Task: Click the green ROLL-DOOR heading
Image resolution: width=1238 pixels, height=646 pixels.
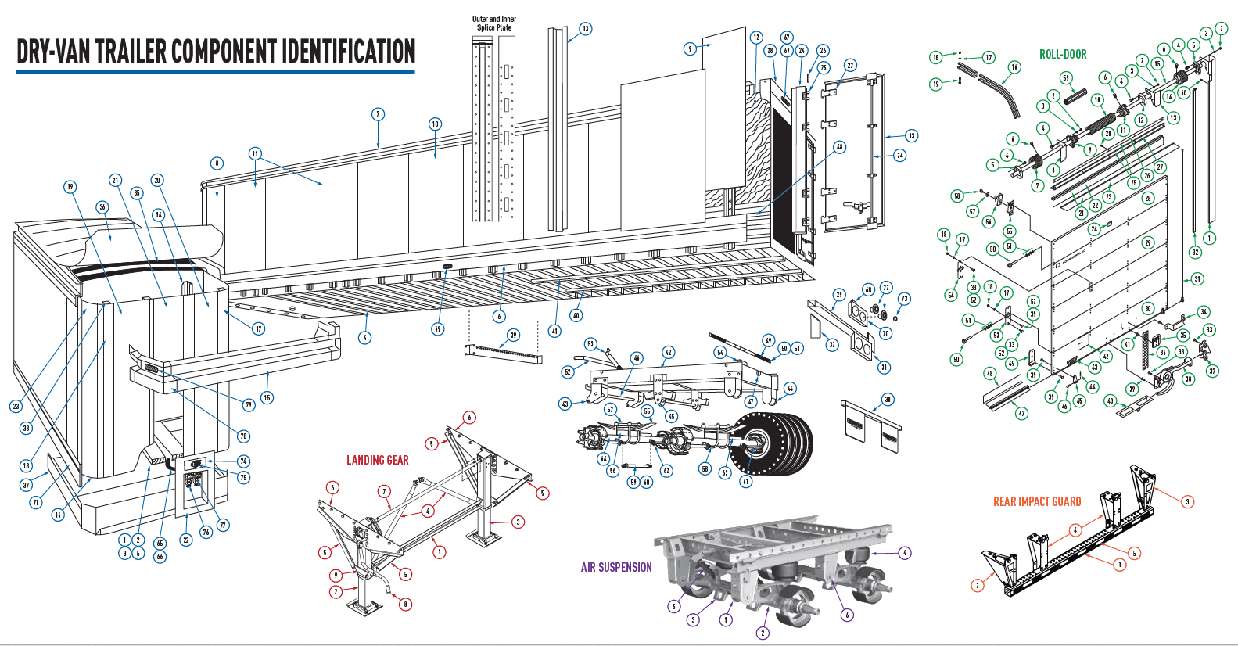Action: (1062, 54)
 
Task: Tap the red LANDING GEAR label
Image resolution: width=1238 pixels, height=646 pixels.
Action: (377, 460)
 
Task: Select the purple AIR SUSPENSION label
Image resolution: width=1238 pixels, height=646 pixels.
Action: (615, 567)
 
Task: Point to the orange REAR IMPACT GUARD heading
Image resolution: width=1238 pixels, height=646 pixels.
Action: (1036, 501)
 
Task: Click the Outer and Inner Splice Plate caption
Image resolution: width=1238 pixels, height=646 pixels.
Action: (494, 23)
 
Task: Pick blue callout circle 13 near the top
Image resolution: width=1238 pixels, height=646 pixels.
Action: (585, 29)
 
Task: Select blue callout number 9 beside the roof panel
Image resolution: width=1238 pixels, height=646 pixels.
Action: (690, 48)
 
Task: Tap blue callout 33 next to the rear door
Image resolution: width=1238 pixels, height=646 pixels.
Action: (911, 135)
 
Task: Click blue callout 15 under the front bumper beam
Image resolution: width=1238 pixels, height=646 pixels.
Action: (267, 397)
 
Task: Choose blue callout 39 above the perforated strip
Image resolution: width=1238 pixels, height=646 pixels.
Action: (513, 335)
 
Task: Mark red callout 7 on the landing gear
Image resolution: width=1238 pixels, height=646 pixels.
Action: (384, 491)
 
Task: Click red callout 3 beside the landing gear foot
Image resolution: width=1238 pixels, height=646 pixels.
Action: (517, 522)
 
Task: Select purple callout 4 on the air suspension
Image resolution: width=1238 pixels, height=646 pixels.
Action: (905, 552)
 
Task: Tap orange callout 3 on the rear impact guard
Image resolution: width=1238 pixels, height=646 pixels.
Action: (1187, 501)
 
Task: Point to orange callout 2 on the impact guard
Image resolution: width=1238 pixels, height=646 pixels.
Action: (977, 585)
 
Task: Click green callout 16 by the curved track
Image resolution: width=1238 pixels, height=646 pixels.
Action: (1014, 67)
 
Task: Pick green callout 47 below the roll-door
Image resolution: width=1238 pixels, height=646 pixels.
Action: (1021, 413)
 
